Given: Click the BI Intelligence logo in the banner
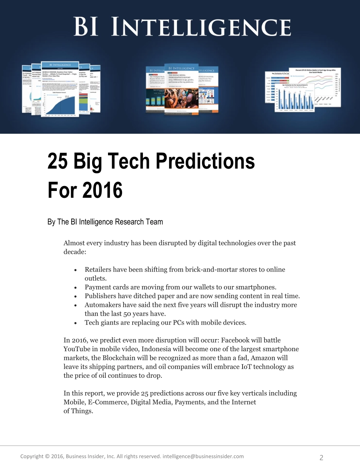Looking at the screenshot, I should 182,27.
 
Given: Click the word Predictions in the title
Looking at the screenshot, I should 205,161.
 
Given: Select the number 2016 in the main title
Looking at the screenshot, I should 102,190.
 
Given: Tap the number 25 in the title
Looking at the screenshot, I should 58,161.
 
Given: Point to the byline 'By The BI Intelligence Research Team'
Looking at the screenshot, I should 105,222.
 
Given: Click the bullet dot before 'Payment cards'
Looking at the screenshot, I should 77,288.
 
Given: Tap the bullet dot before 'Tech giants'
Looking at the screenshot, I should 77,323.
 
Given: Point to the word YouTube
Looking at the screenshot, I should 77,349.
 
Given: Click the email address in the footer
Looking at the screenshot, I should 203,457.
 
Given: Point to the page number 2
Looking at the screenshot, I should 321,458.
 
